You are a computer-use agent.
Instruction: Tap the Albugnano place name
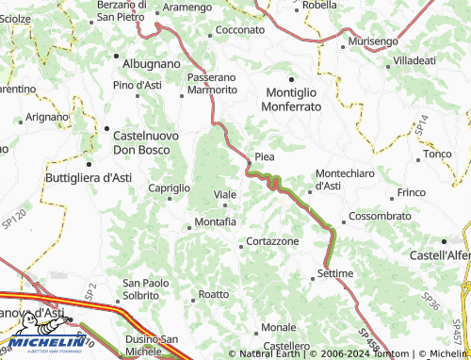coord(151,62)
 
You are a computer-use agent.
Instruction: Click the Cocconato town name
coord(240,30)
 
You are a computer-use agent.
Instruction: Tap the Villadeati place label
coord(414,59)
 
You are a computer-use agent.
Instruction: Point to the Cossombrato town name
coord(380,216)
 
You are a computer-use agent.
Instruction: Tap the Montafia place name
coord(215,221)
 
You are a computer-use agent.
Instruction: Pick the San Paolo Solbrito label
coord(146,288)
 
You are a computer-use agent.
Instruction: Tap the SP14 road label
coord(422,123)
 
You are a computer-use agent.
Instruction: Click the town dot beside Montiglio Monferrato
coord(291,79)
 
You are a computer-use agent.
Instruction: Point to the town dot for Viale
coord(224,205)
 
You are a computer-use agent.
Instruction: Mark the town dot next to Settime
coord(313,279)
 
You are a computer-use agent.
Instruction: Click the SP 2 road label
coord(91,293)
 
